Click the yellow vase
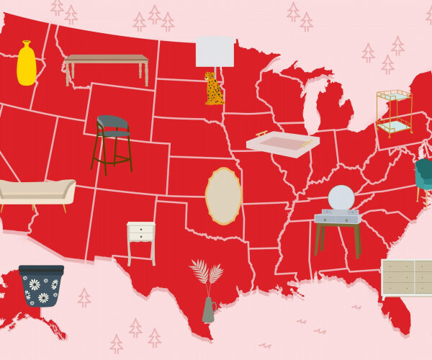(27, 65)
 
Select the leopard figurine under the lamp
(213, 89)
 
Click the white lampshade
(215, 52)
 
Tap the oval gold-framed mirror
(223, 196)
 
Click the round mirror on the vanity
(341, 198)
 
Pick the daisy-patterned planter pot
(41, 286)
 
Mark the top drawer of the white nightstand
(140, 229)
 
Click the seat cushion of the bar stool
(114, 134)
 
